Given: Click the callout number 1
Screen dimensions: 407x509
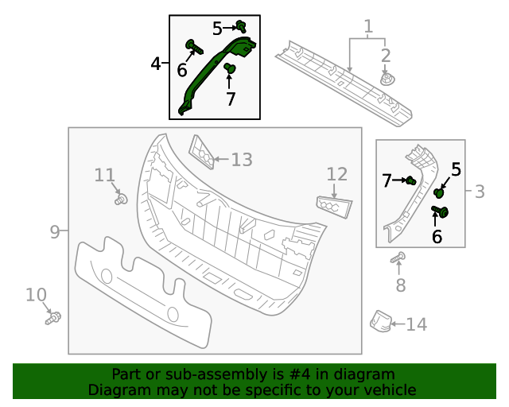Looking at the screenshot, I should point(368,28).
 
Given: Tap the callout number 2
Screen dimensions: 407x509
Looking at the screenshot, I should point(386,56).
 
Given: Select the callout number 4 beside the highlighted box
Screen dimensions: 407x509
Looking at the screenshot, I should point(156,63).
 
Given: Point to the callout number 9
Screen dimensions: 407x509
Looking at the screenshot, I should point(54,232).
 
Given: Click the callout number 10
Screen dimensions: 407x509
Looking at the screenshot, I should point(36,296).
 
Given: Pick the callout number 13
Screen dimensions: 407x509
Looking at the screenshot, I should point(242,160).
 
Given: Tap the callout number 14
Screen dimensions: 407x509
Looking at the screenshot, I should point(417,324).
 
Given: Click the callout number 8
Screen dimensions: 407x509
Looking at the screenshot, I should point(400,285).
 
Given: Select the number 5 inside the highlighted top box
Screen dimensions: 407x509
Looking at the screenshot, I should point(218,29).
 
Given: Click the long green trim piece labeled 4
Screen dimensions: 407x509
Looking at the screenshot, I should point(213,72).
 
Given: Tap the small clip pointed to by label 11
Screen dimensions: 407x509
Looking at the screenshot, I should point(121,200).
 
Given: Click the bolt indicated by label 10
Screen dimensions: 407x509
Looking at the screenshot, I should point(54,319).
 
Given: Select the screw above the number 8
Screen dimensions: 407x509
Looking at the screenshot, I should point(399,258).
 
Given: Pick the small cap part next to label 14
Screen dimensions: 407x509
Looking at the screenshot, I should point(380,320).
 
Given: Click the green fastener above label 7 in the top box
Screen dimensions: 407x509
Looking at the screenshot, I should point(230,70).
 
